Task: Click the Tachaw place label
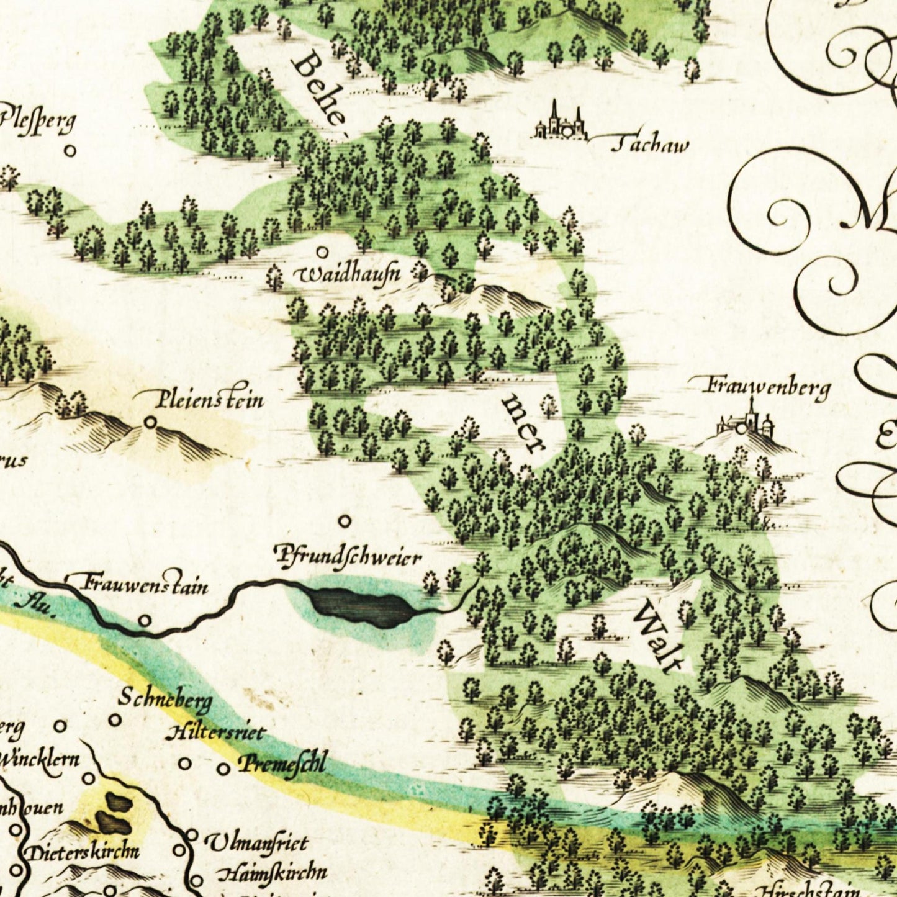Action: (650, 145)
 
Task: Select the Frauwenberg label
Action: (767, 387)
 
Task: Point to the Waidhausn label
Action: (350, 274)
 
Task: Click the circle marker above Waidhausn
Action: (322, 252)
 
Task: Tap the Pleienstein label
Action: (210, 399)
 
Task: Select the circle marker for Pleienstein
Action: (150, 422)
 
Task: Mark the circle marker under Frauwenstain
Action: (145, 620)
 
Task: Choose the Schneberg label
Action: (165, 700)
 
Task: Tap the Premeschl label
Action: (282, 763)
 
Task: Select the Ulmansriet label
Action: (256, 843)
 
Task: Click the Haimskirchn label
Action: (272, 873)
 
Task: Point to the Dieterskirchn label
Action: (82, 851)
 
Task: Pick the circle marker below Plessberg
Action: (71, 150)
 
